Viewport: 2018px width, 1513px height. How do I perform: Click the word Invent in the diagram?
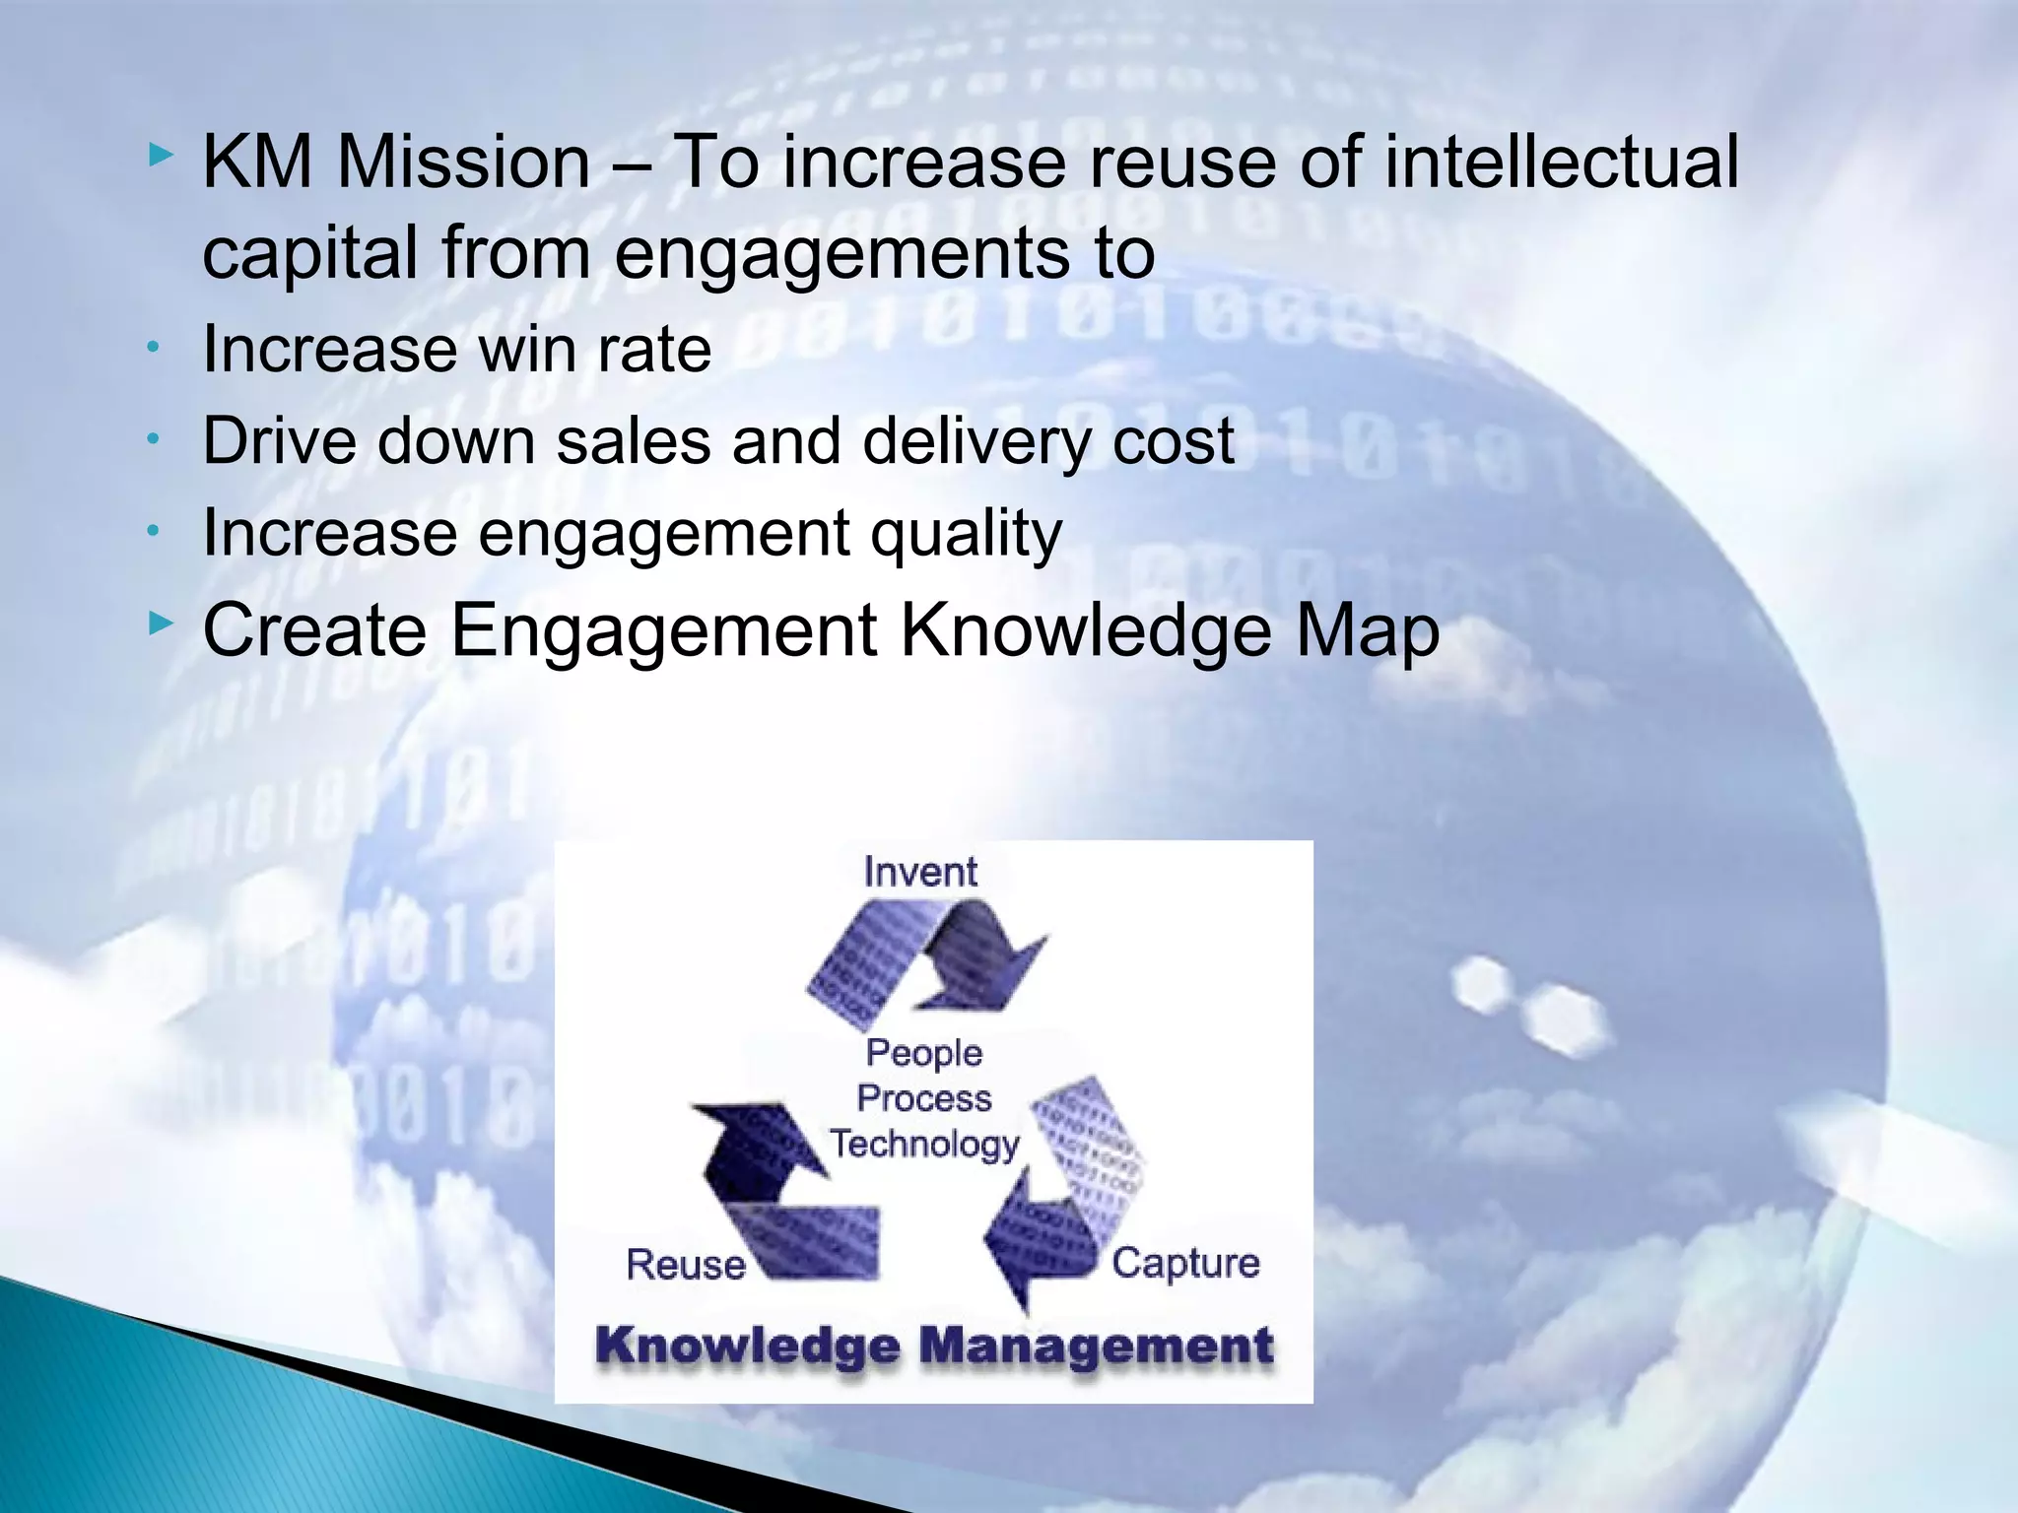[919, 872]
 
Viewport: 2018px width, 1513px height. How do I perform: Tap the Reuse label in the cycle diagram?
[686, 1264]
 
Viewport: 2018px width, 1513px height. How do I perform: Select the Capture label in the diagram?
[1185, 1263]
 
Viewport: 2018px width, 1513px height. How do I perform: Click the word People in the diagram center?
[923, 1053]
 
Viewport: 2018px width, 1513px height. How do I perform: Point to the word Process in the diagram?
[923, 1098]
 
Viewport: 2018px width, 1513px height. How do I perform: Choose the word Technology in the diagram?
[923, 1145]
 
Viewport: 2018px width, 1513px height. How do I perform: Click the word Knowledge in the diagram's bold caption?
[748, 1346]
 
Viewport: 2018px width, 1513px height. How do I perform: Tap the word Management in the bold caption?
[1097, 1346]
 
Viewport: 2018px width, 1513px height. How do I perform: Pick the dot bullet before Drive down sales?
[153, 439]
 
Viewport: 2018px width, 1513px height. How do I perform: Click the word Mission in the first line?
[463, 162]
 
